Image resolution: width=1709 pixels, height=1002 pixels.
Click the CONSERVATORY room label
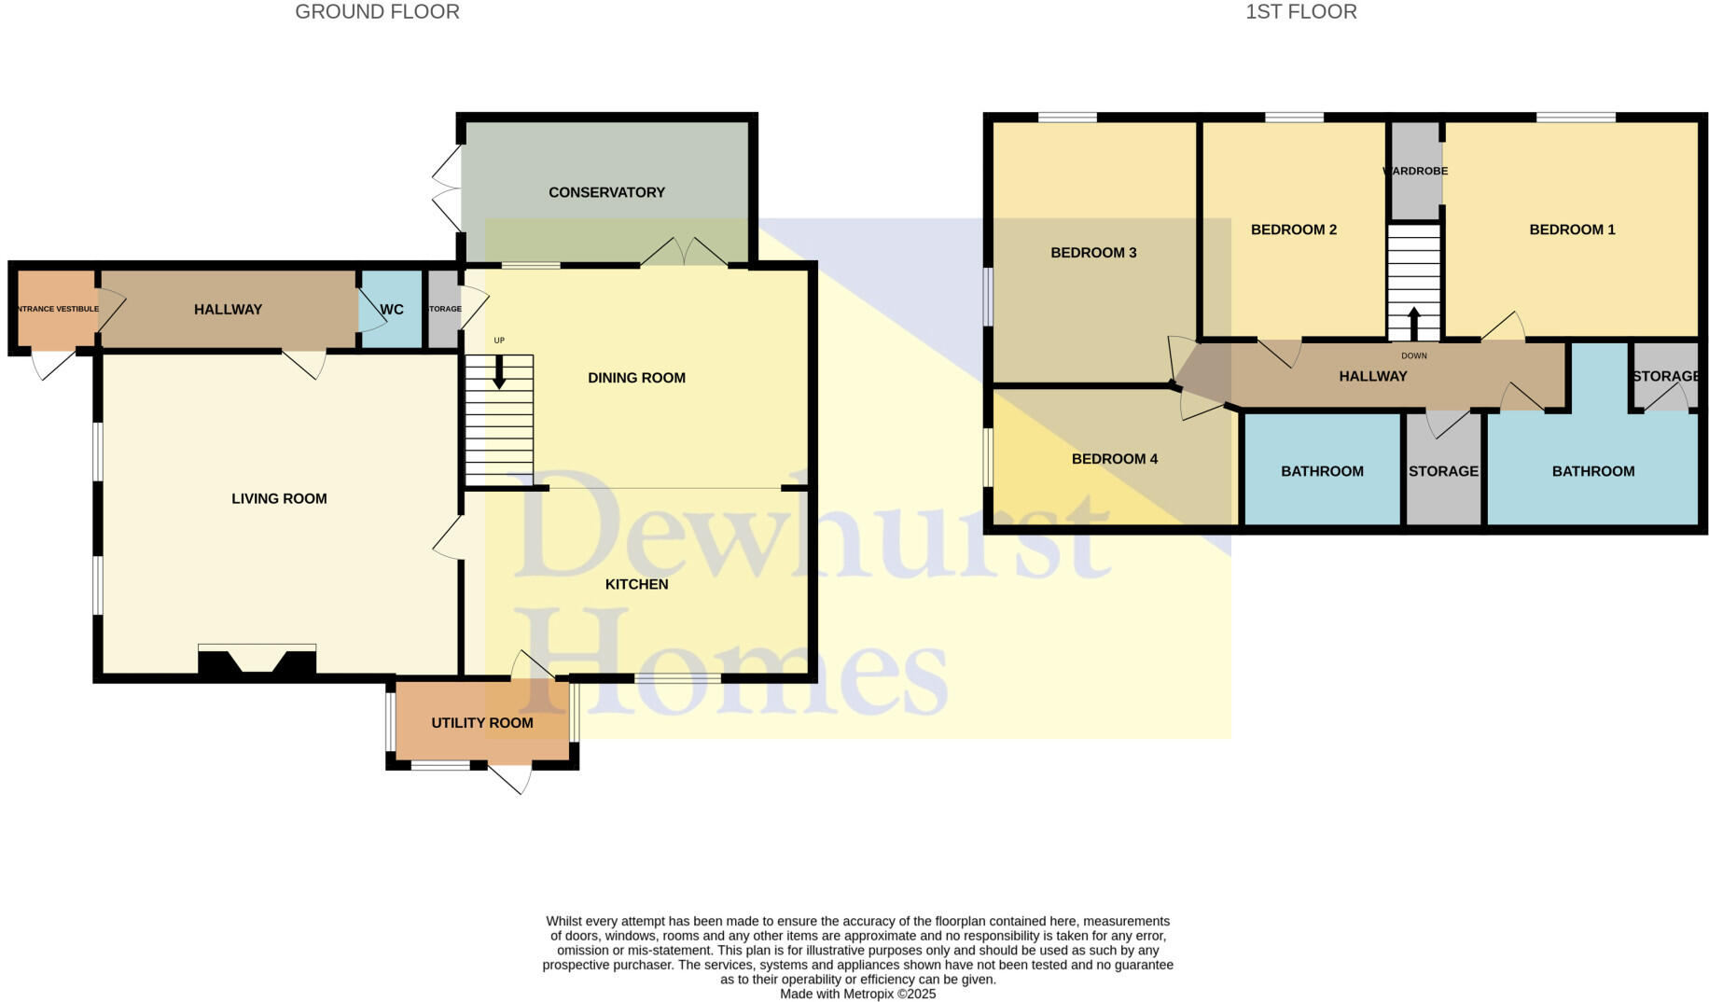point(606,192)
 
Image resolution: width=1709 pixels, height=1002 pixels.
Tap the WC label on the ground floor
point(392,310)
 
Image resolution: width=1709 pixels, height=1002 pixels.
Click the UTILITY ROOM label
point(482,723)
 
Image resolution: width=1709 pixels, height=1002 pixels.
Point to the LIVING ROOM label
point(279,499)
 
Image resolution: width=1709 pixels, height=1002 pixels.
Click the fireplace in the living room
point(257,660)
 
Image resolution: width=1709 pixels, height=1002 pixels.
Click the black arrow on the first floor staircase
point(1413,323)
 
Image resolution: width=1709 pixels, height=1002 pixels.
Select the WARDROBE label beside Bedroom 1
point(1415,172)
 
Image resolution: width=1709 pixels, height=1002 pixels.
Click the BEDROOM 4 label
point(1114,459)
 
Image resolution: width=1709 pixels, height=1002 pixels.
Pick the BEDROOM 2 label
point(1294,230)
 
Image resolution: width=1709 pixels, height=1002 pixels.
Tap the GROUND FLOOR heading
point(377,12)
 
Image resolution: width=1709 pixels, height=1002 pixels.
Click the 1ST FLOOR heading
point(1300,12)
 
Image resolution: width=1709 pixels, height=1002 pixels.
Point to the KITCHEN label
point(636,584)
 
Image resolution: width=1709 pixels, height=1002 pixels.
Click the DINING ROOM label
point(636,378)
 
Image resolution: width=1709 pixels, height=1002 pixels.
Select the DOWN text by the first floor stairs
point(1413,355)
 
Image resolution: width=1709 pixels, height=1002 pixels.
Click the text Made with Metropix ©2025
point(857,995)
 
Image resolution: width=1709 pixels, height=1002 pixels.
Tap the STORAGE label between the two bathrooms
point(1443,471)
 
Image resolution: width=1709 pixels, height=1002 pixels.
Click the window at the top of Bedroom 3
point(1067,118)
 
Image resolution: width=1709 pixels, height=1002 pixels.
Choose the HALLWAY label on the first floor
point(1372,376)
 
